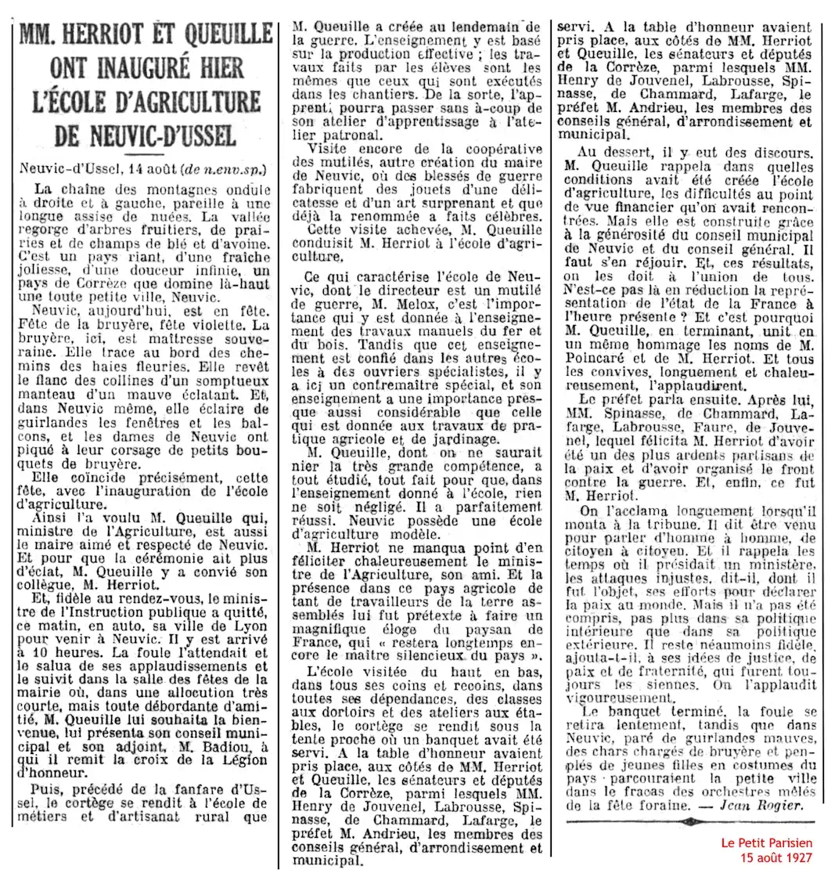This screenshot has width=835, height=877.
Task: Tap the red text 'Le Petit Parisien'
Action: click(x=766, y=843)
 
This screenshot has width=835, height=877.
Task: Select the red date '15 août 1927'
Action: click(x=776, y=857)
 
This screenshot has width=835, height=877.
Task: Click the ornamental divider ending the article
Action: click(x=689, y=821)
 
